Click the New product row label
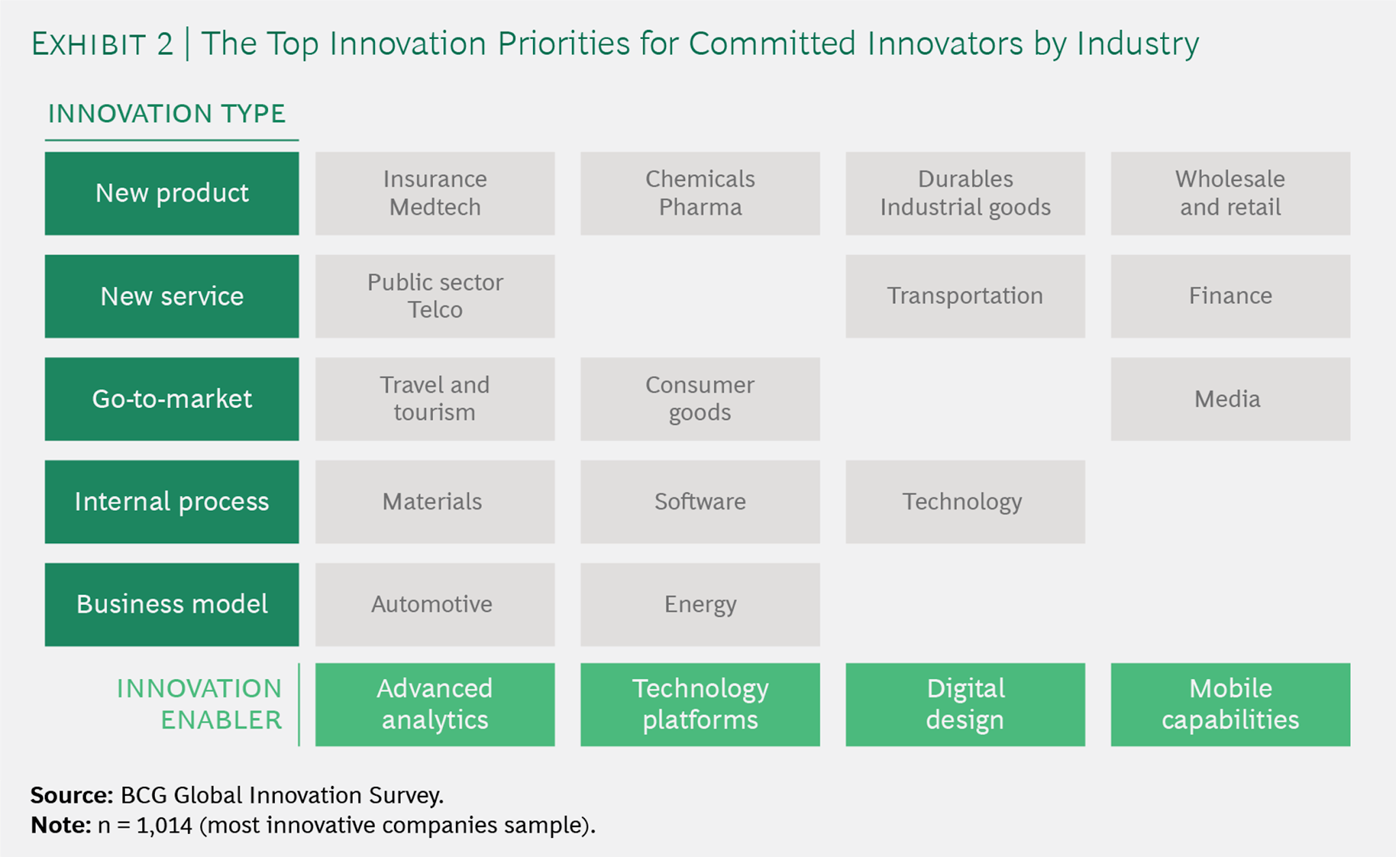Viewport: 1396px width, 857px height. (x=172, y=193)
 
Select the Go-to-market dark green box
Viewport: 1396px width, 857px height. (x=172, y=399)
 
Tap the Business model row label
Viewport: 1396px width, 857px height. (x=172, y=604)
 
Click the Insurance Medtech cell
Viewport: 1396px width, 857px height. (x=435, y=193)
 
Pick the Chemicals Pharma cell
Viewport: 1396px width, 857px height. (x=700, y=193)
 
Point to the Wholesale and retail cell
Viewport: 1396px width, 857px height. (x=1230, y=193)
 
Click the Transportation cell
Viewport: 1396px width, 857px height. (x=965, y=296)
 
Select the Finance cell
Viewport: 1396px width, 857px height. (x=1230, y=296)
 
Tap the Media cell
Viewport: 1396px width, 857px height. (x=1230, y=399)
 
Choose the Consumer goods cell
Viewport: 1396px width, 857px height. (x=700, y=399)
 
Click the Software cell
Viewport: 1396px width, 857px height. (x=700, y=502)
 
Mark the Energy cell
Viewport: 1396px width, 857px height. (x=700, y=604)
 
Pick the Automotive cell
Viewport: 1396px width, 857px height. (x=435, y=604)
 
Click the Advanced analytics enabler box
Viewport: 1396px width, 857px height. (x=435, y=704)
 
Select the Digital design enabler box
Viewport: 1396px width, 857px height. (x=965, y=704)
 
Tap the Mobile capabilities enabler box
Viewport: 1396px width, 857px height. (x=1230, y=704)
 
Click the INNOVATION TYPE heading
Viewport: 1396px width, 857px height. (x=167, y=114)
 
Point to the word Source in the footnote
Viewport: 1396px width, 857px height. (x=72, y=795)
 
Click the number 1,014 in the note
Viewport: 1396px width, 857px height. (x=164, y=826)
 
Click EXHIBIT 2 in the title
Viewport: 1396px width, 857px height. (x=102, y=44)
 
